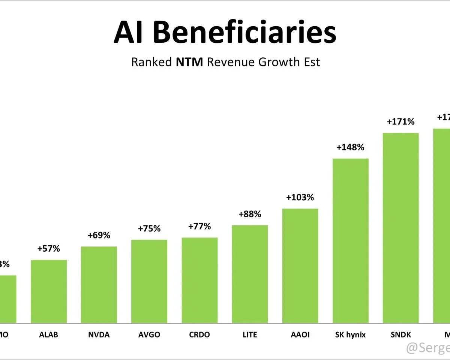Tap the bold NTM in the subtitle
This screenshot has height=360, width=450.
click(189, 62)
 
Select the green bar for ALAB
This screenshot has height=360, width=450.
click(49, 291)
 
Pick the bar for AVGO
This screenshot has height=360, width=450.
click(149, 281)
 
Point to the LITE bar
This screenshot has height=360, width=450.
click(250, 274)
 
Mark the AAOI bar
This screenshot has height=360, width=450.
click(300, 265)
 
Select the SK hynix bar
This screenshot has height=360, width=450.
click(350, 240)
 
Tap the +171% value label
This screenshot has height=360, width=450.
click(400, 122)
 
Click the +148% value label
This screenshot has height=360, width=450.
click(350, 147)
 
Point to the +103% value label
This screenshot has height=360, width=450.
click(300, 197)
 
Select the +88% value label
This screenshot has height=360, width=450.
click(250, 214)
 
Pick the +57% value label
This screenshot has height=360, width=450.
click(49, 249)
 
